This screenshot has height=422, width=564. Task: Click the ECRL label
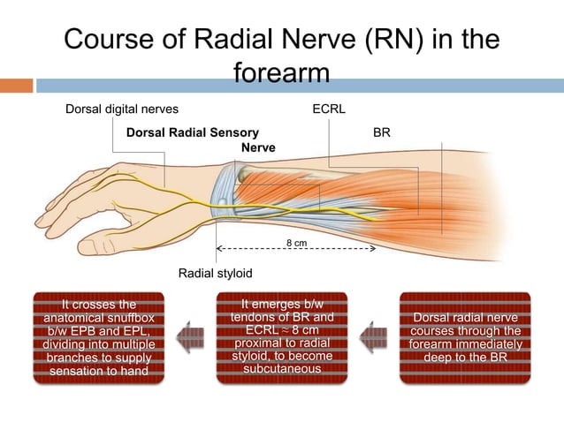(329, 109)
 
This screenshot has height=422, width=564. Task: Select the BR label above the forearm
(382, 132)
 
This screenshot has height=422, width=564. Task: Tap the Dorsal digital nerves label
(123, 109)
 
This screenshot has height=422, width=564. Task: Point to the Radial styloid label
(216, 274)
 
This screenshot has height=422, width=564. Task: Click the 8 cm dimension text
(295, 242)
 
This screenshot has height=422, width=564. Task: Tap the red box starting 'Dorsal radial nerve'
(465, 337)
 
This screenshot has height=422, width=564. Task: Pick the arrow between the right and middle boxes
(375, 336)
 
